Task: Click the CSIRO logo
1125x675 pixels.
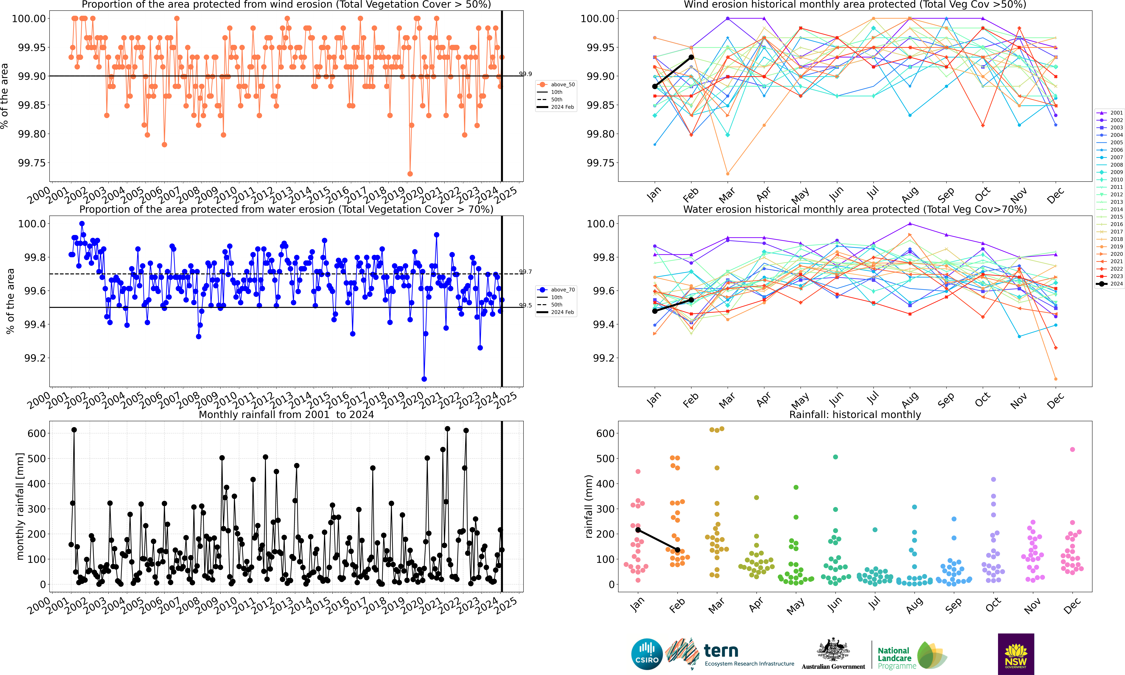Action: (646, 654)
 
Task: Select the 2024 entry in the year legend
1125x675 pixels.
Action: (1110, 284)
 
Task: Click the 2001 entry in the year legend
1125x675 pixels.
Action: (1110, 113)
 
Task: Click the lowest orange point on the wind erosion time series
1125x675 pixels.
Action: (410, 174)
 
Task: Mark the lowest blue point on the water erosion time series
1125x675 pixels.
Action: (424, 379)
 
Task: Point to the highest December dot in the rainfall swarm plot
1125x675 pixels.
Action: (1072, 449)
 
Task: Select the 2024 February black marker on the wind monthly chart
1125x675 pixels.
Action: (691, 57)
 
